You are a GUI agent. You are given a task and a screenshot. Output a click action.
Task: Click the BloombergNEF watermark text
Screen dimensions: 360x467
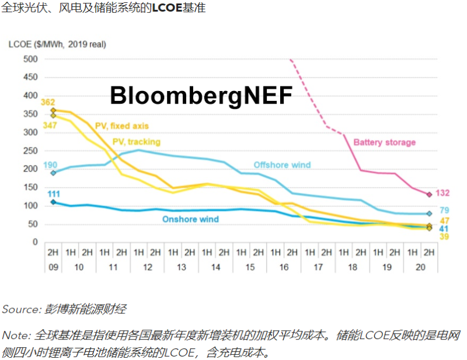click(x=201, y=95)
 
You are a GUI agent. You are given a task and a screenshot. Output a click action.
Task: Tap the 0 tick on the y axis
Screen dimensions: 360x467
click(x=35, y=242)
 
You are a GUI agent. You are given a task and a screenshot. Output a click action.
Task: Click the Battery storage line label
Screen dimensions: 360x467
click(x=384, y=142)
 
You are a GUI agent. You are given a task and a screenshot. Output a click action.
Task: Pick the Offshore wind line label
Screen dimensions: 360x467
click(x=282, y=165)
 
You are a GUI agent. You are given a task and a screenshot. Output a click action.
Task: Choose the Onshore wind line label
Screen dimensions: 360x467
click(x=190, y=219)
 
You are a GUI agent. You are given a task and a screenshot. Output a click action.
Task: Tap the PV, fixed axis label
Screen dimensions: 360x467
click(x=122, y=125)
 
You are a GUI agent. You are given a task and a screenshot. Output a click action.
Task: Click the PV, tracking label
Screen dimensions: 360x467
click(x=136, y=142)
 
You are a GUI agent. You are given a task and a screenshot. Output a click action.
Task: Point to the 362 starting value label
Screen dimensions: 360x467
click(x=48, y=103)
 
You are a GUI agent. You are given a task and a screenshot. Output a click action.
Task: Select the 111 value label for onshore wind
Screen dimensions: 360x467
click(x=54, y=194)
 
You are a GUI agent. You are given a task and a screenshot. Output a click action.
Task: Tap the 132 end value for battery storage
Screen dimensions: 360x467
click(x=442, y=193)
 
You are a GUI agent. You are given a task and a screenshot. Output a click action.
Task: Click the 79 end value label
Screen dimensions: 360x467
click(x=444, y=211)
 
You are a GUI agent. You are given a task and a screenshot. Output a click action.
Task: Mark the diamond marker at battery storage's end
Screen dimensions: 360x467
click(x=428, y=194)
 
